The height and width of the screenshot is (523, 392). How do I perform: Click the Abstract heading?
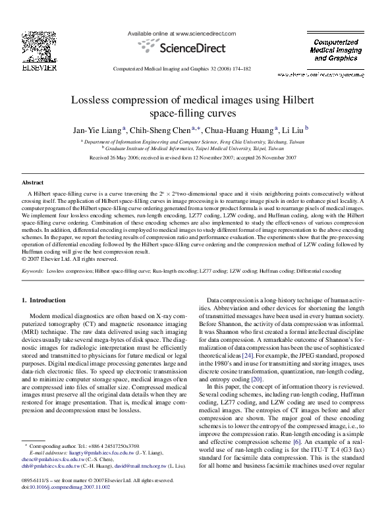point(32,181)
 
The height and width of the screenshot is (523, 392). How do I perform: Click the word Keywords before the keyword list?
point(33,271)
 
